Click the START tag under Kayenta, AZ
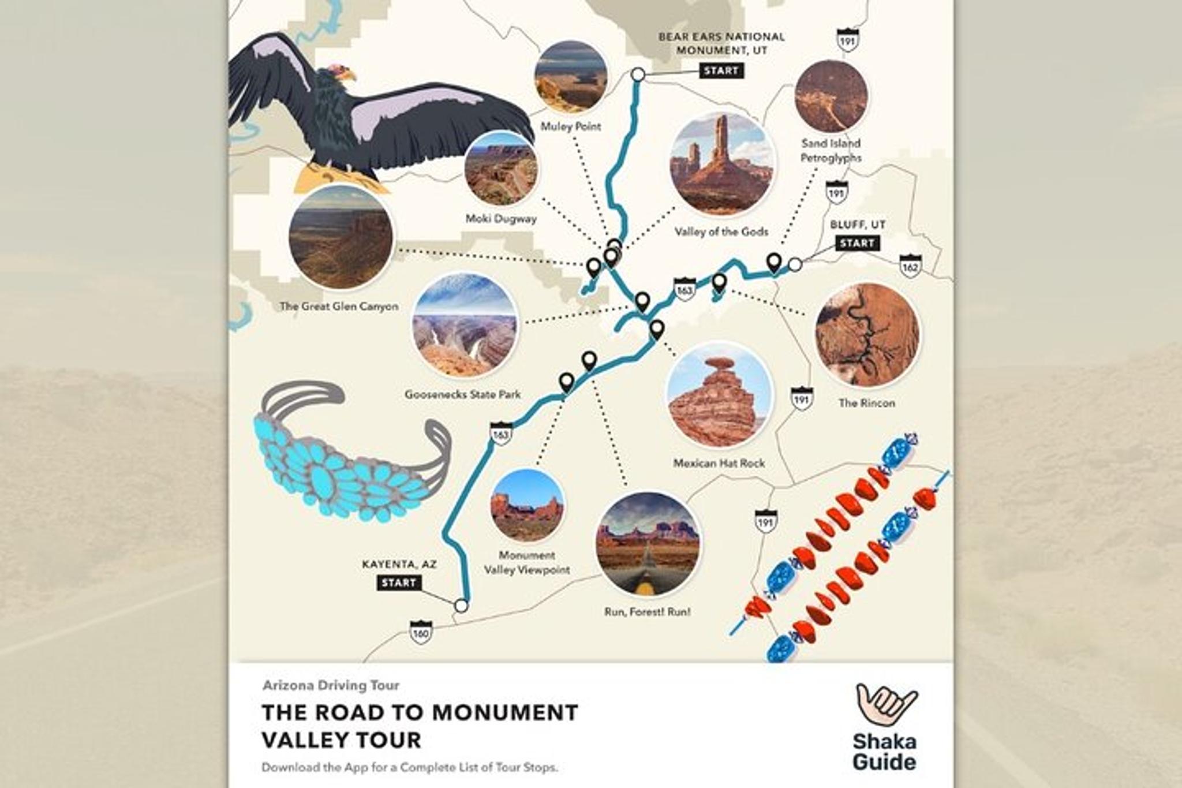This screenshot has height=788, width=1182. point(398,582)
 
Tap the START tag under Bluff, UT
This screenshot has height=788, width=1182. point(857,243)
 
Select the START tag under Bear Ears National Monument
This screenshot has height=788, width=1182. point(721,71)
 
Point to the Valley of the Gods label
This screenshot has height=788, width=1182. point(721,232)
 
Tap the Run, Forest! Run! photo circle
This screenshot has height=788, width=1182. point(647,544)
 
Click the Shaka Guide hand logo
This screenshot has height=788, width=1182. point(884,704)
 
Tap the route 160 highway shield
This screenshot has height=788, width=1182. point(420,632)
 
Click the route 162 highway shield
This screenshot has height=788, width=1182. point(910,266)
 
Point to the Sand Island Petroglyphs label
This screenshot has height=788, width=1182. point(831,150)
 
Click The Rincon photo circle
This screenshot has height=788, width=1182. point(867,335)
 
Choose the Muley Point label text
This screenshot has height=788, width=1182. point(570,126)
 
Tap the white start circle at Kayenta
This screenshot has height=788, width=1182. point(461,606)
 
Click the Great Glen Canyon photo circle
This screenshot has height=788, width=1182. point(341,237)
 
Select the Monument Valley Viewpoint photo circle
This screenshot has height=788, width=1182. point(527,506)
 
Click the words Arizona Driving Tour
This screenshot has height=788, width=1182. point(331,685)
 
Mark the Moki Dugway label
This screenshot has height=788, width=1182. point(501,219)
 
